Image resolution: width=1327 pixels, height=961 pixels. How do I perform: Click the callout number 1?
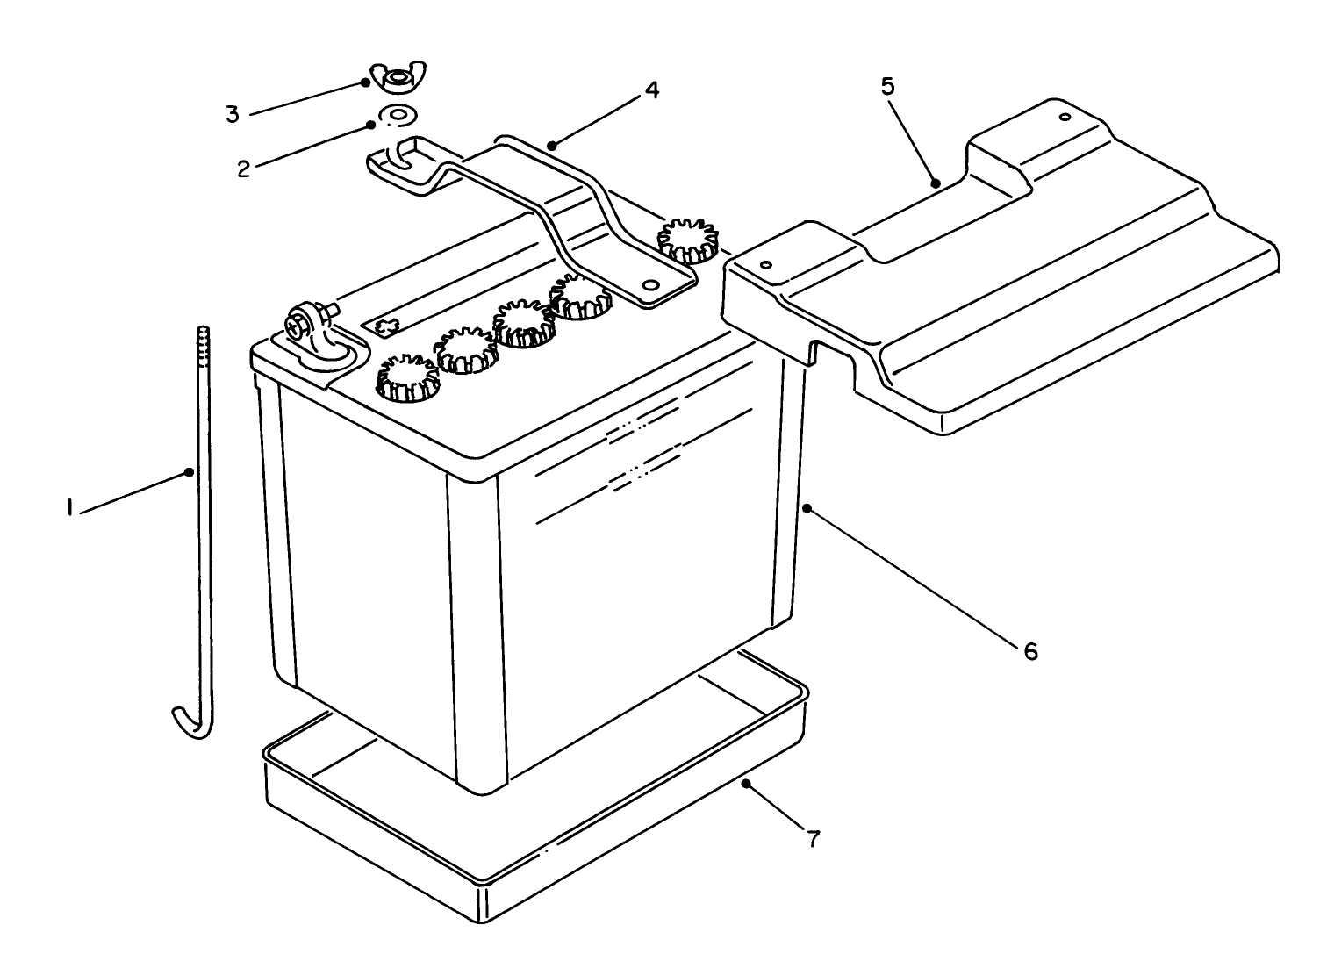(68, 508)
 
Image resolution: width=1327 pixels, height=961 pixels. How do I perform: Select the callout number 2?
(243, 169)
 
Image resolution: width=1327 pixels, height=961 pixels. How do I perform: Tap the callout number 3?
(232, 114)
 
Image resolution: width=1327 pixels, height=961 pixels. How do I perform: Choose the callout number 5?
(887, 86)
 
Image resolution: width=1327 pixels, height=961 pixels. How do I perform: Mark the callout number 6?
(1029, 650)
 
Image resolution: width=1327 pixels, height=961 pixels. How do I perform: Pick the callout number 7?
(813, 838)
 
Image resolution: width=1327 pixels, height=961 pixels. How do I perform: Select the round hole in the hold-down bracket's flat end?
(650, 285)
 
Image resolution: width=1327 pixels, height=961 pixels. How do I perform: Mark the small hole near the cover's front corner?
(766, 264)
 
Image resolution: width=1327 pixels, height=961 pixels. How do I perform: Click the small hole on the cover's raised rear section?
(1065, 117)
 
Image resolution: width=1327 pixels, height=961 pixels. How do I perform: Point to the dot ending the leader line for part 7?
(746, 783)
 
